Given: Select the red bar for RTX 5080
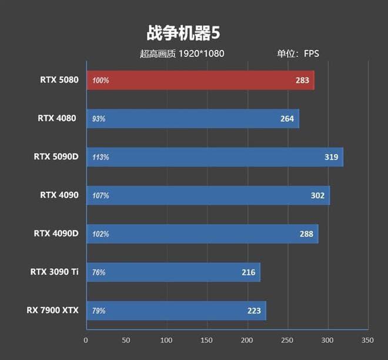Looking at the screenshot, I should click(200, 80).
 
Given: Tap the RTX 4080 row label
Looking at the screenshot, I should click(57, 118).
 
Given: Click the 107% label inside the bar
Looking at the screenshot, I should click(101, 195).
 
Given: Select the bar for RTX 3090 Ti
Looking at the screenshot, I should click(173, 272).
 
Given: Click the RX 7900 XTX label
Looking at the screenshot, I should click(52, 311).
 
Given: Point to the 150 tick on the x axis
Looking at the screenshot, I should click(207, 341).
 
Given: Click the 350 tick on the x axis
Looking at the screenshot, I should click(367, 341).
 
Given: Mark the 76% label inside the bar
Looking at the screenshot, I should click(99, 272).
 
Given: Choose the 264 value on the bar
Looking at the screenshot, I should click(287, 119).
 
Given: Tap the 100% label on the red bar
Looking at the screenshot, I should click(101, 81).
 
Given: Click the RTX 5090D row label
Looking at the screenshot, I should click(55, 157).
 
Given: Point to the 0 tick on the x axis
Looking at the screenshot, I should click(86, 341).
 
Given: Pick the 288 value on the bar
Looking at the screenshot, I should click(306, 234).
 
